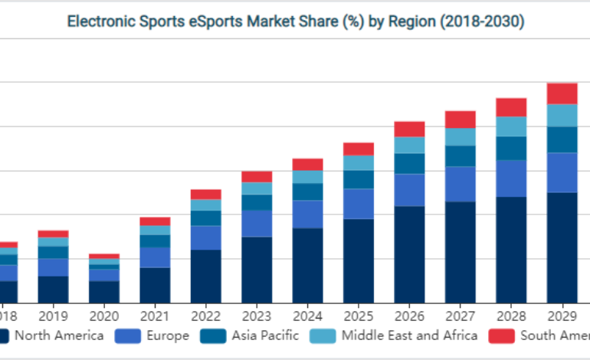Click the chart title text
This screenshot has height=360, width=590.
(x=295, y=21)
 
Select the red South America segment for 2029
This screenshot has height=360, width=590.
(x=562, y=93)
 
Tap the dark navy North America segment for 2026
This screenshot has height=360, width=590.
(x=409, y=254)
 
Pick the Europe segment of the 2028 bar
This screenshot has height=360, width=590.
(x=511, y=178)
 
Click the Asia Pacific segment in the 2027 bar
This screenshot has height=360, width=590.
(x=460, y=156)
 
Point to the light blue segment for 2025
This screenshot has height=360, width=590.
(x=359, y=162)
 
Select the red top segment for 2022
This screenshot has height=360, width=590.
(x=205, y=195)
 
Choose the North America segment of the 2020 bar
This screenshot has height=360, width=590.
(x=103, y=292)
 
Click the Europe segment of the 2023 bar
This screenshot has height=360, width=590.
(x=257, y=224)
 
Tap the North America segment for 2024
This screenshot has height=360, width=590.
(x=307, y=265)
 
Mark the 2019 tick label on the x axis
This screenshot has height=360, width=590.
(x=53, y=314)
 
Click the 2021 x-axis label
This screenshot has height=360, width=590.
(x=155, y=314)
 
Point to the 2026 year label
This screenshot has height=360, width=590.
(x=409, y=314)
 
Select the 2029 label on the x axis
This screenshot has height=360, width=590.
(x=562, y=314)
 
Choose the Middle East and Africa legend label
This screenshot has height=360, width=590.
(x=409, y=335)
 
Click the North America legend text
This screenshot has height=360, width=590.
(x=59, y=335)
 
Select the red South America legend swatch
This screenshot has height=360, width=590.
(x=501, y=335)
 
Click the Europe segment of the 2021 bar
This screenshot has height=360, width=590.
(x=155, y=257)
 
